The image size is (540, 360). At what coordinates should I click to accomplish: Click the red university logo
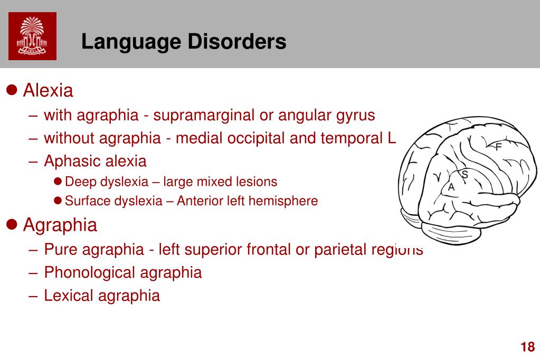click(x=32, y=36)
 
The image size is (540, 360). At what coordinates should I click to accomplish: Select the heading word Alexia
click(x=48, y=91)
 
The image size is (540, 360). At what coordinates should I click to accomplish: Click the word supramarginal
click(x=203, y=115)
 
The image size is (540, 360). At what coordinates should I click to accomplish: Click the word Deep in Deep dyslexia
click(x=78, y=182)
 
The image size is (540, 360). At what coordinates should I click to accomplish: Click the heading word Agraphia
click(x=60, y=225)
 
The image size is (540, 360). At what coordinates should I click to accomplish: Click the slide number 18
click(x=527, y=347)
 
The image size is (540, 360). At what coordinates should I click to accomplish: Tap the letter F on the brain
click(x=498, y=147)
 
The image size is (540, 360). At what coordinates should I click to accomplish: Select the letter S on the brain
click(x=465, y=174)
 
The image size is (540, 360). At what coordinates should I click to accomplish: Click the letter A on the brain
click(x=451, y=187)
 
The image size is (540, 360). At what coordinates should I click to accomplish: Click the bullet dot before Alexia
click(x=13, y=91)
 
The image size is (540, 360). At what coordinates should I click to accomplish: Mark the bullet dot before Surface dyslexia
click(x=58, y=201)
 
